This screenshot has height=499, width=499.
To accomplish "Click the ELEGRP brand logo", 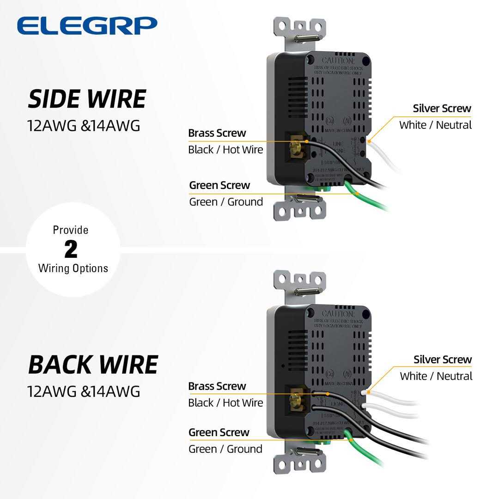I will [87, 25].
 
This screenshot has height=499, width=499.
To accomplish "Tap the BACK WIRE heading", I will [93, 365].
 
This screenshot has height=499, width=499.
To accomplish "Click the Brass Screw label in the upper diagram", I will [217, 133].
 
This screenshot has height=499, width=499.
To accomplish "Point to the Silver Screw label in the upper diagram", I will [442, 109].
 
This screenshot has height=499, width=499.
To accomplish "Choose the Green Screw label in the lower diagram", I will [219, 432].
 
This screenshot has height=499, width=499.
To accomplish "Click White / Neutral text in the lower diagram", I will [436, 376].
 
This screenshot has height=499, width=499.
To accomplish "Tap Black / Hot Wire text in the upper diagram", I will [225, 150].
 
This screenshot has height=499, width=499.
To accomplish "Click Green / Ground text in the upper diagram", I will [226, 202].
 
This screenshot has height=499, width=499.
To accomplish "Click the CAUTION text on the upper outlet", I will [338, 61].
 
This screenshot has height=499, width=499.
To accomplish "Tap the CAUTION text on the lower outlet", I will [338, 314].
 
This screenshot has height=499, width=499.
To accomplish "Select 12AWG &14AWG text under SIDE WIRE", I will [84, 126].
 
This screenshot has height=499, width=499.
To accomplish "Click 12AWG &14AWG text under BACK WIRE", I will [84, 391].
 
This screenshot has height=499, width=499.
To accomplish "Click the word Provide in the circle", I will [71, 230].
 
